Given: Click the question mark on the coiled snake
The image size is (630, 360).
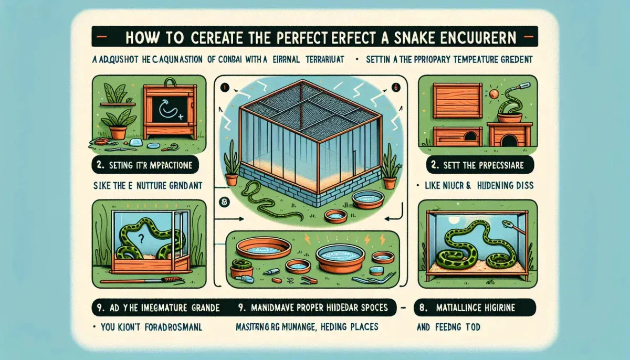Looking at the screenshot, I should coord(141,238).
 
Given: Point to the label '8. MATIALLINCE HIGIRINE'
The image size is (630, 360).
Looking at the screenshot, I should coord(475,306).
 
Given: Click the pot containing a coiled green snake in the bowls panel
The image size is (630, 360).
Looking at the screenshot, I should coord(241,269).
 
